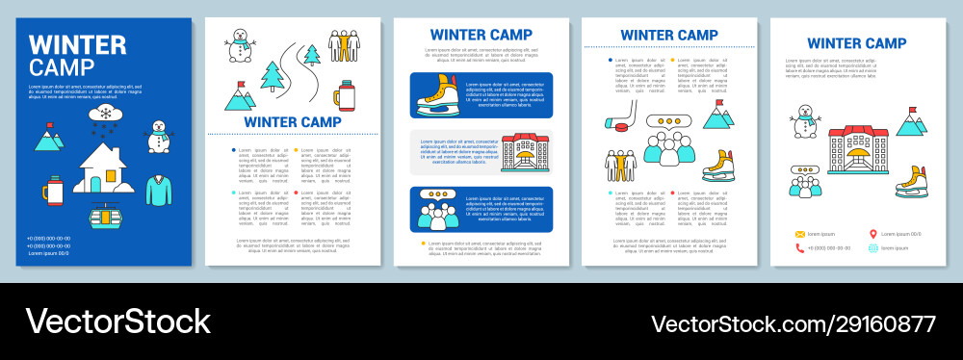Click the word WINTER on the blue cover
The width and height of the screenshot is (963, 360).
(78, 45)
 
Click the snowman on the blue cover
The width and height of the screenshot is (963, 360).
(158, 136)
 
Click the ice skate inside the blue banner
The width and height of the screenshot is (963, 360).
(439, 94)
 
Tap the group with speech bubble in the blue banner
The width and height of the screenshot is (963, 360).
(439, 207)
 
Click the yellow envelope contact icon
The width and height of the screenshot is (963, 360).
(798, 234)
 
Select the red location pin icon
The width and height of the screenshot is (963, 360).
(873, 234)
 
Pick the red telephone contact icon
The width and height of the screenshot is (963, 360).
(798, 247)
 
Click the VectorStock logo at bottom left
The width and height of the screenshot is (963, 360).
(117, 321)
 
